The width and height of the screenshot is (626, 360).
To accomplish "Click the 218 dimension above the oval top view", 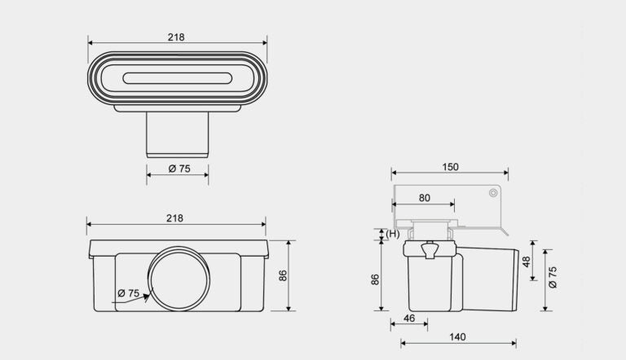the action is pyautogui.click(x=176, y=37).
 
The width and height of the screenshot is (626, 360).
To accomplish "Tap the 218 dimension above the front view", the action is pyautogui.click(x=175, y=218).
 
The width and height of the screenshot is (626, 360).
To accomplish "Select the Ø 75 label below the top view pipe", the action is pyautogui.click(x=179, y=169).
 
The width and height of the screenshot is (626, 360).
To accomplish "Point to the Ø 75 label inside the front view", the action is pyautogui.click(x=129, y=293).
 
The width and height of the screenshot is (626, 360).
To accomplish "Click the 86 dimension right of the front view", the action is pyautogui.click(x=283, y=275).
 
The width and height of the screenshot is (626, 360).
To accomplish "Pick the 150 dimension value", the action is pyautogui.click(x=450, y=167).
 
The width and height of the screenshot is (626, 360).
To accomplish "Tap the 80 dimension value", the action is pyautogui.click(x=425, y=198).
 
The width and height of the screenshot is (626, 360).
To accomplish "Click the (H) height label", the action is pyautogui.click(x=392, y=234).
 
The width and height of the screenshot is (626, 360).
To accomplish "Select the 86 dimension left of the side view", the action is pyautogui.click(x=375, y=279).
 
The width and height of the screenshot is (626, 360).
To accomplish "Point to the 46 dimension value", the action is pyautogui.click(x=409, y=318).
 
